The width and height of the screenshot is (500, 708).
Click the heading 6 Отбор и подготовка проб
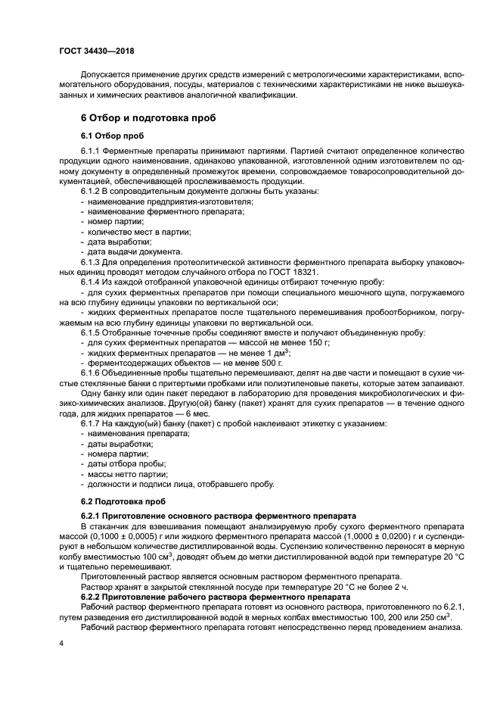[148, 118]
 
